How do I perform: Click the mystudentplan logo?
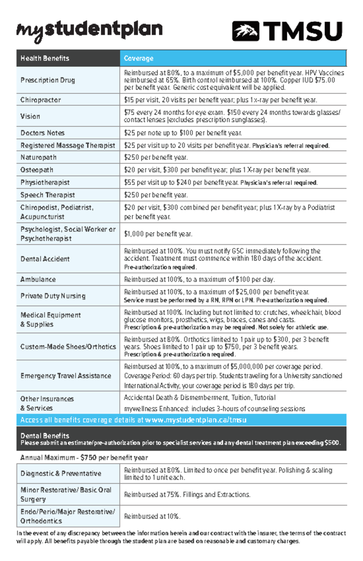[x=90, y=31]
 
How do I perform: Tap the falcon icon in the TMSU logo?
[x=246, y=31]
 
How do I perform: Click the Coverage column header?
[x=139, y=58]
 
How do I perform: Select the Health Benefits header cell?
[x=45, y=58]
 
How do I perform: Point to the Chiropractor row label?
[x=41, y=100]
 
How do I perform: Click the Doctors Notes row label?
[x=42, y=133]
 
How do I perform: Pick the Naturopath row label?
[x=38, y=157]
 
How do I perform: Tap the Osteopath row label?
[x=37, y=170]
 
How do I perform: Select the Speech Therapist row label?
[x=47, y=195]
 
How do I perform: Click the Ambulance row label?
[x=38, y=279]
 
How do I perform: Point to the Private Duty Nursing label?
[x=53, y=296]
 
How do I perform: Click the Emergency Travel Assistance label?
[x=66, y=376]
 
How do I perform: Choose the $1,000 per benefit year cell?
[x=158, y=234]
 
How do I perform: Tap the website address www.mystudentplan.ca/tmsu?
[x=196, y=420]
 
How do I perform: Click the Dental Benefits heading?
[x=45, y=435]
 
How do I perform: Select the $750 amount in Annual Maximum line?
[x=89, y=458]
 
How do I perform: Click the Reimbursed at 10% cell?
[x=152, y=516]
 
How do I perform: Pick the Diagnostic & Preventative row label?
[x=61, y=473]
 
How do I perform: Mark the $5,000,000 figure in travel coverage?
[x=247, y=367]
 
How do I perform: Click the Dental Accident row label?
[x=45, y=259]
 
